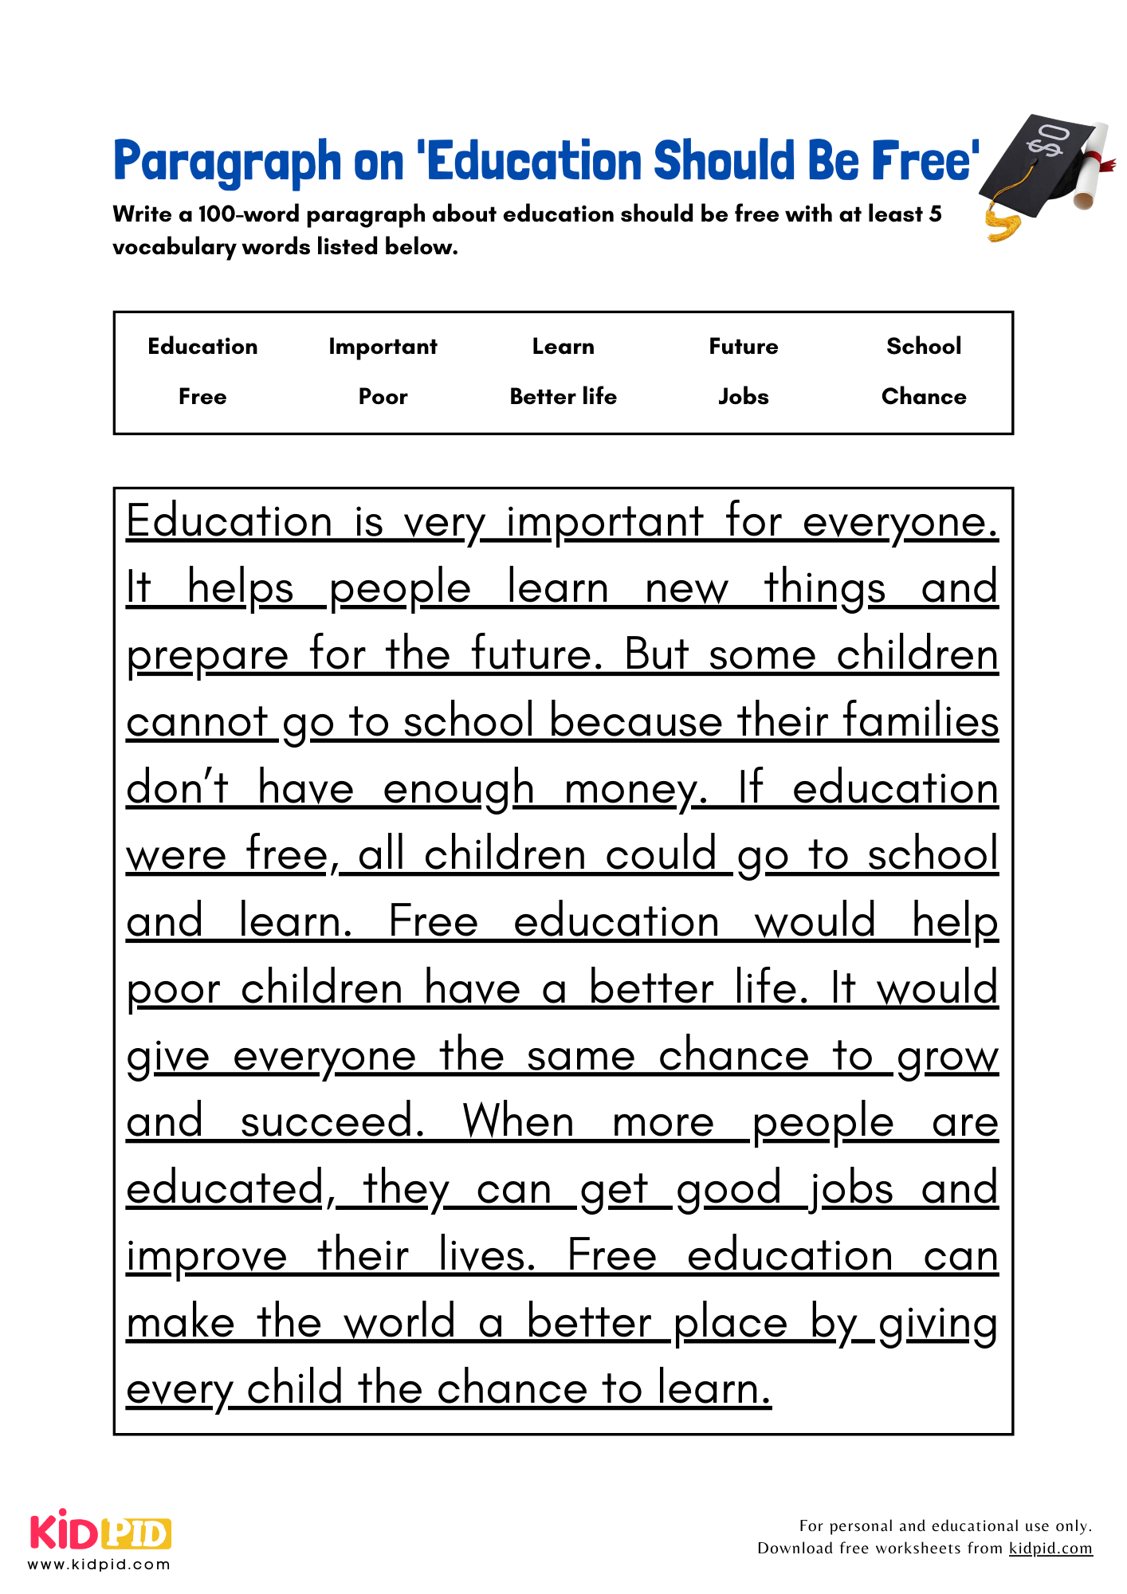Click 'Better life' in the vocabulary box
[x=563, y=396]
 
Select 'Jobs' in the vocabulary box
[x=743, y=396]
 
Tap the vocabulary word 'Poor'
[x=383, y=396]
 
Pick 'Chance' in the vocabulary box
[x=923, y=396]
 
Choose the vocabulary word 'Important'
[x=383, y=347]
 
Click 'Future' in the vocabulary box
[x=743, y=347]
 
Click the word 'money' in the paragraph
[x=634, y=790]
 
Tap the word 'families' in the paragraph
[x=920, y=721]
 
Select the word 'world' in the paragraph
[x=399, y=1322]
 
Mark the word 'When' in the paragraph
[x=518, y=1122]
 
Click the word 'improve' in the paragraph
[x=206, y=1257]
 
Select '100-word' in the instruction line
[x=249, y=214]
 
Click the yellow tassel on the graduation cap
[x=1003, y=226]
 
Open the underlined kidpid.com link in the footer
[x=1050, y=1548]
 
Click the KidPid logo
[x=100, y=1533]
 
